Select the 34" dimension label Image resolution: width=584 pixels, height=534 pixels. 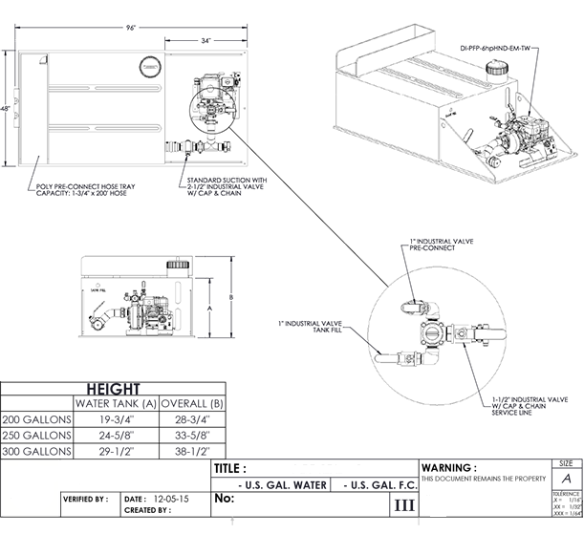(x=205, y=41)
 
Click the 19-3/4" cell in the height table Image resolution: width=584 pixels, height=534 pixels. (x=116, y=419)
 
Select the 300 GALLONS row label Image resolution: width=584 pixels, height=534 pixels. (x=37, y=450)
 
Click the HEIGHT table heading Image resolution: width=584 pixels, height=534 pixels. (x=116, y=389)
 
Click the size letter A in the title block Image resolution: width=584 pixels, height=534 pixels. (x=568, y=477)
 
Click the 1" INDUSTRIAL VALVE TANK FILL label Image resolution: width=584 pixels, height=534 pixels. (x=316, y=327)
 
